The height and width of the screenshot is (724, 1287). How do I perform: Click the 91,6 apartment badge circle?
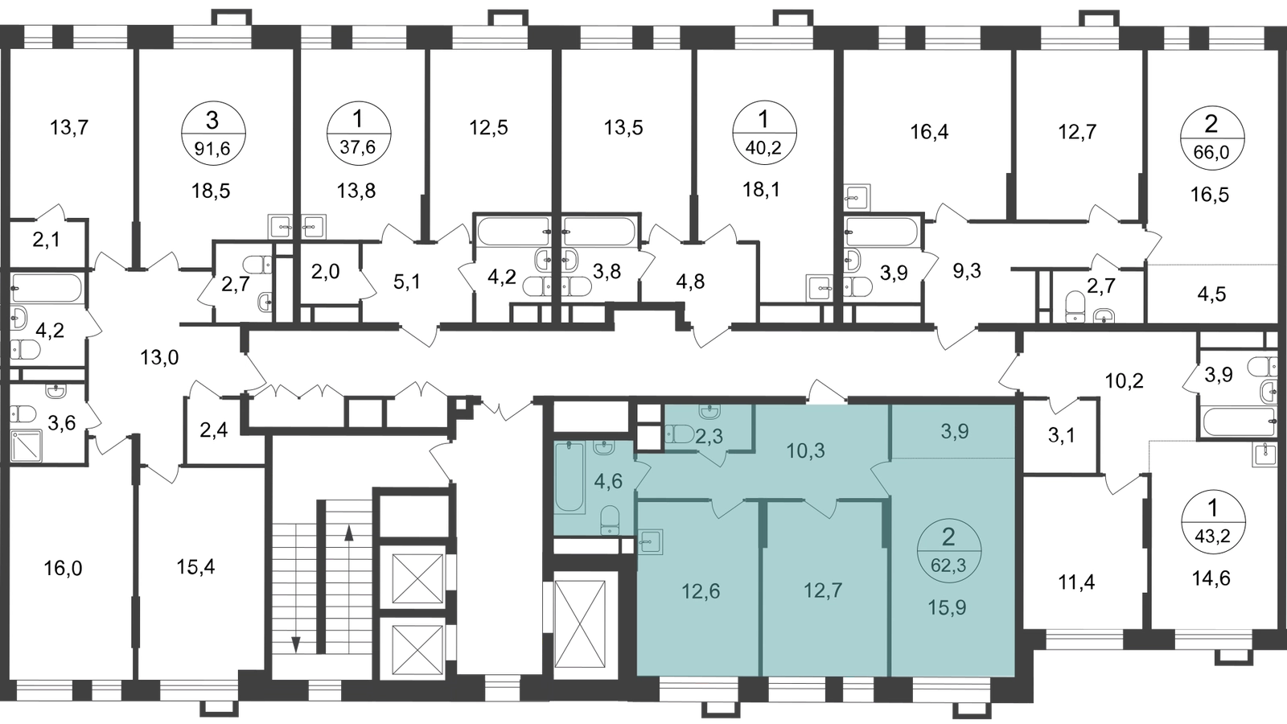(213, 133)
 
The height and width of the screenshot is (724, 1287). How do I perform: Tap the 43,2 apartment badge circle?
(1213, 522)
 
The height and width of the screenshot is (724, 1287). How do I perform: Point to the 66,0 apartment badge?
(1211, 138)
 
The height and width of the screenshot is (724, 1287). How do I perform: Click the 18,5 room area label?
(211, 191)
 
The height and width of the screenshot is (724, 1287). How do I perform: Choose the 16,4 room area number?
(929, 132)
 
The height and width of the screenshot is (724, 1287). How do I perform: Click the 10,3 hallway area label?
(805, 451)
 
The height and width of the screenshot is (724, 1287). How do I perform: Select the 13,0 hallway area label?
(159, 358)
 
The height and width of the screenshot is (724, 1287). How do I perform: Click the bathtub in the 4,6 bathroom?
(570, 477)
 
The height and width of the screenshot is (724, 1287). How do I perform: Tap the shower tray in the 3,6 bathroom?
(26, 445)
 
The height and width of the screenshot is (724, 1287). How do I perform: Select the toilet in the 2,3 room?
(680, 434)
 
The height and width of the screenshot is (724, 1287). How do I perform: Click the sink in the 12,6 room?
(650, 541)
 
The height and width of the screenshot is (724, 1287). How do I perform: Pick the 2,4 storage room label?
(214, 430)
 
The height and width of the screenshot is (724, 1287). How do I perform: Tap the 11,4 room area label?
(1076, 583)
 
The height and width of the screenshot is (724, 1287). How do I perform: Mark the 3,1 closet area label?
(1061, 435)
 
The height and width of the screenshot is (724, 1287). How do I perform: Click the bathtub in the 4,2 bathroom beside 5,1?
(512, 231)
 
